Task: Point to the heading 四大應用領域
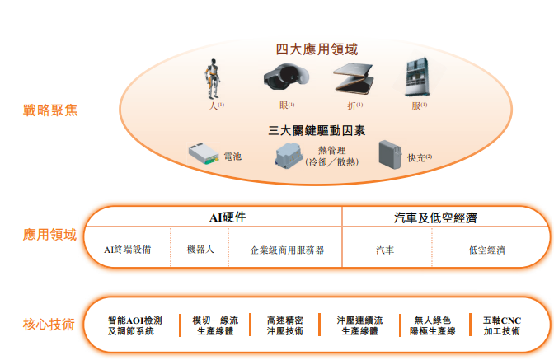point(317,49)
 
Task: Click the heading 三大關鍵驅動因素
point(317,130)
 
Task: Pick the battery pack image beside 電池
point(203,154)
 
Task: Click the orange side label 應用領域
point(49,235)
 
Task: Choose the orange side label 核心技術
point(49,324)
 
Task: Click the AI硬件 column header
point(228,217)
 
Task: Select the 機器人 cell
point(200,248)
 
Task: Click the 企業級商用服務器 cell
point(287,249)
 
